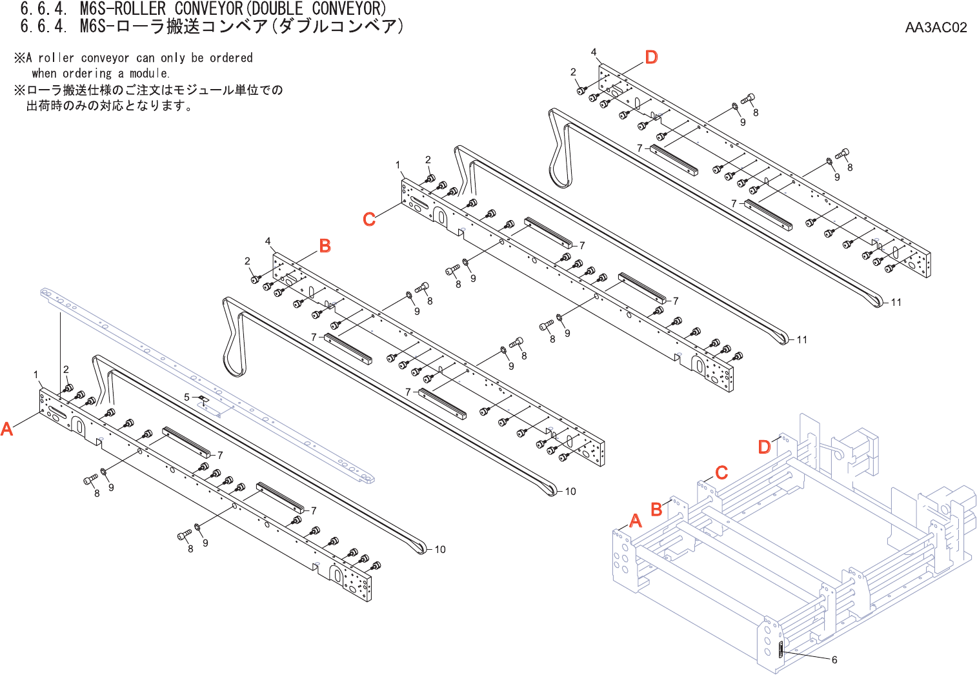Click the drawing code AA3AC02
pyautogui.click(x=936, y=27)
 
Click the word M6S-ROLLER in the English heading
pyautogui.click(x=123, y=9)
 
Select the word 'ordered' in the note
pyautogui.click(x=231, y=57)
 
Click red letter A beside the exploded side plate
pyautogui.click(x=7, y=428)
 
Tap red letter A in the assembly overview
pyautogui.click(x=636, y=521)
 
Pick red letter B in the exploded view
pyautogui.click(x=325, y=246)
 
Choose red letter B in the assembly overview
pyautogui.click(x=657, y=509)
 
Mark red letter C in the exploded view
pyautogui.click(x=369, y=219)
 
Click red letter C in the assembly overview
pyautogui.click(x=721, y=472)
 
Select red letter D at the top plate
pyautogui.click(x=652, y=57)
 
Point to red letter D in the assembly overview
pyautogui.click(x=765, y=447)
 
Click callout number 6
pyautogui.click(x=834, y=660)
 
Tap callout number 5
pyautogui.click(x=187, y=397)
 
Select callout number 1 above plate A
pyautogui.click(x=36, y=374)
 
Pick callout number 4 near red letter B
pyautogui.click(x=268, y=241)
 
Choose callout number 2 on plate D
pyautogui.click(x=573, y=72)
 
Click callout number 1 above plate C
pyautogui.click(x=398, y=165)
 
